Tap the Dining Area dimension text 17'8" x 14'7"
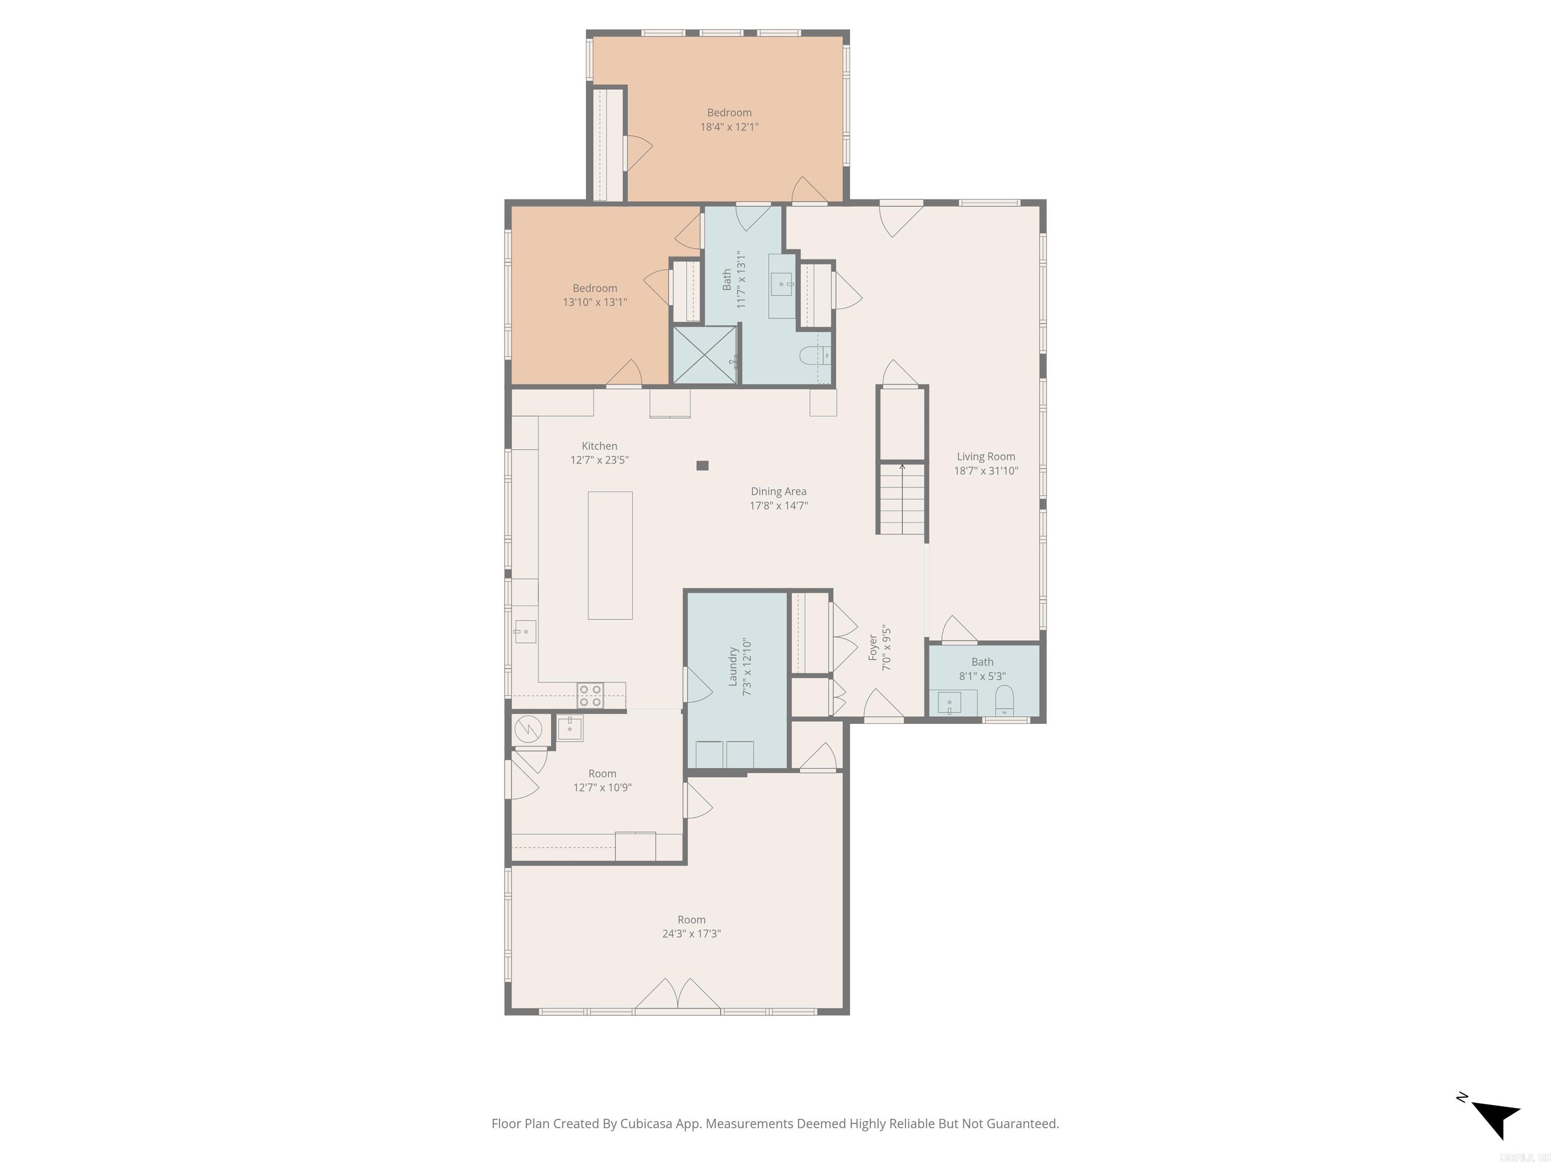tap(779, 505)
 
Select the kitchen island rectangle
tap(609, 555)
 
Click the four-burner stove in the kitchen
tap(590, 696)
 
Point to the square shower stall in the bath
tap(705, 355)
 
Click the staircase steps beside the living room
tap(902, 499)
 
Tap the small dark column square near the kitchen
tap(702, 465)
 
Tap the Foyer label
tap(873, 648)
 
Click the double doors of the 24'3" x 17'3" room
tap(678, 994)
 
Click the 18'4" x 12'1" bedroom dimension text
tap(729, 127)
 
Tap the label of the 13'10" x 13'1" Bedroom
tap(595, 288)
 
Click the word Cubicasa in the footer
tap(646, 1124)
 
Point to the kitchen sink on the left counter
tap(525, 631)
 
